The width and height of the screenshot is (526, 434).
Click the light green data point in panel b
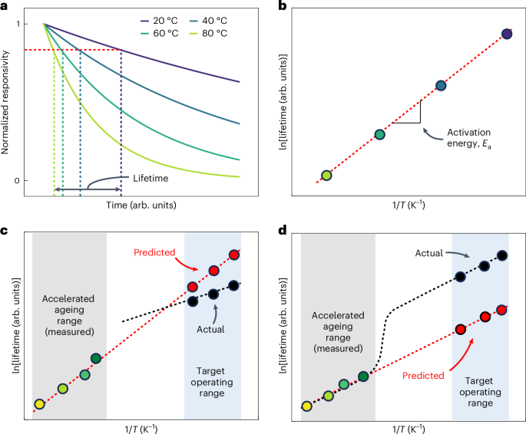coord(326,176)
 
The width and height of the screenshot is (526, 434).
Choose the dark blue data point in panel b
coord(441,86)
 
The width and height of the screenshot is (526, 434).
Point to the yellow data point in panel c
coord(39,404)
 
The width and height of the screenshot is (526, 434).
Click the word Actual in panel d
coord(432,252)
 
